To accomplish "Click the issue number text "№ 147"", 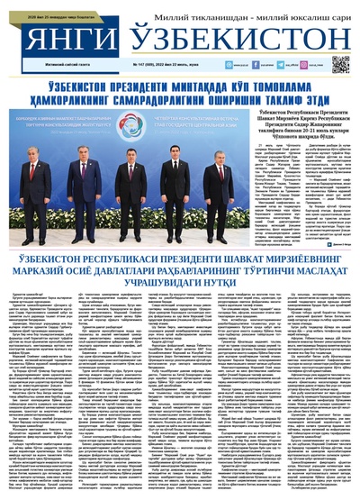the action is coord(139,65).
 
